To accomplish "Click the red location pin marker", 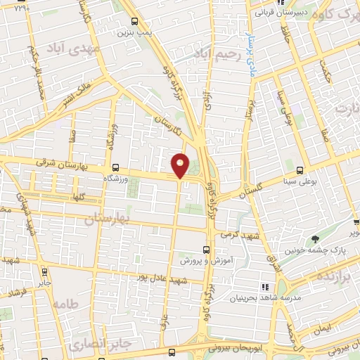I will (x=181, y=165).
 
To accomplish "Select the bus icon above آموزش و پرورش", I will (x=207, y=250).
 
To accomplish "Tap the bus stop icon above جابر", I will (x=44, y=271).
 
